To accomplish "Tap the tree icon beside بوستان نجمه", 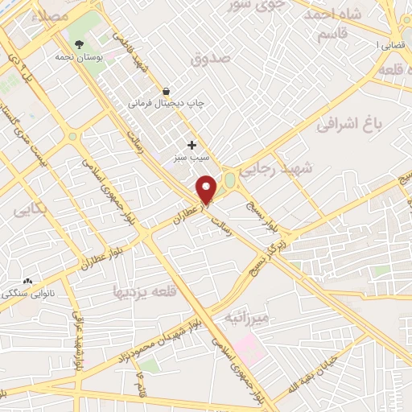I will tap(79, 45).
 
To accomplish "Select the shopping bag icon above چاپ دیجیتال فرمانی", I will tap(166, 92).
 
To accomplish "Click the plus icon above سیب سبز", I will tap(192, 145).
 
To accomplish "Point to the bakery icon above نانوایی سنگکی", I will tap(29, 281).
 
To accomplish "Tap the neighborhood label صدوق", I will tap(212, 59).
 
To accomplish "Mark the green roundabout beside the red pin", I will tap(230, 179).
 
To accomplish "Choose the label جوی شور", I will tap(243, 6).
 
